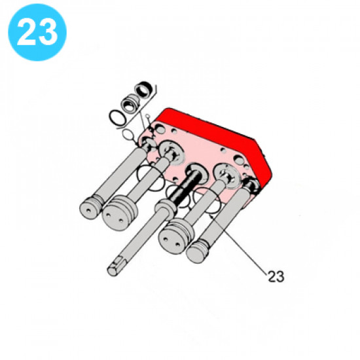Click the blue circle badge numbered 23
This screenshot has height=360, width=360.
tap(37, 32)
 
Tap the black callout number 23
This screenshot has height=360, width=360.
tap(276, 276)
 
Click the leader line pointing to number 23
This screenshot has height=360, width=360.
tap(238, 243)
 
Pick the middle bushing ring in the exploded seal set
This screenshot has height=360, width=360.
tap(130, 103)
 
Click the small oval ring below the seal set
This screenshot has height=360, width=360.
tap(128, 135)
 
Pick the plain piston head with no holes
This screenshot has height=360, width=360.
tap(197, 252)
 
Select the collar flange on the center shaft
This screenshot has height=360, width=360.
tap(166, 207)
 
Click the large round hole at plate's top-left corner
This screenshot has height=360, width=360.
tap(160, 130)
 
